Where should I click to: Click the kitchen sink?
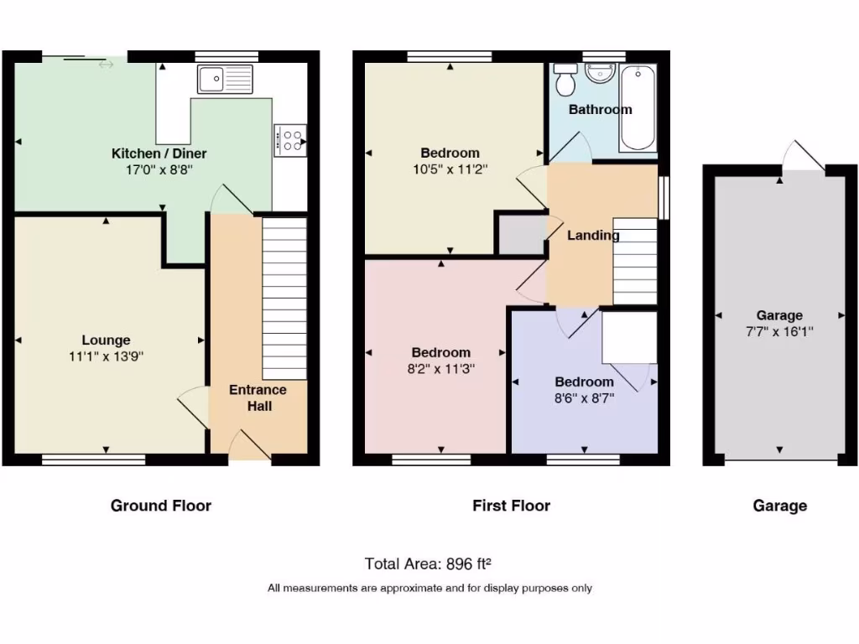coord(225,80)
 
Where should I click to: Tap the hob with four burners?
coord(289,140)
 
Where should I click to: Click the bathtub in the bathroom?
coord(638,108)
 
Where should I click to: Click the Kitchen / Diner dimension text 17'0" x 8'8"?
coord(159,169)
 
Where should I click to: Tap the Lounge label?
coord(106,340)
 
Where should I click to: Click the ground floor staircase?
coord(284,298)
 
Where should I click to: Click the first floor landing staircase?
coord(634,261)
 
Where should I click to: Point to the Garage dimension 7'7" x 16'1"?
coord(779,331)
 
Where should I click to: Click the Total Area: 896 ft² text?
coord(433,563)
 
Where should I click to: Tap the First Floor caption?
coord(511,506)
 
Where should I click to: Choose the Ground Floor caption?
coord(161,506)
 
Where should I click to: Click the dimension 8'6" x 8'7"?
coord(584,398)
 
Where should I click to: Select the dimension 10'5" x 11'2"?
coord(450,169)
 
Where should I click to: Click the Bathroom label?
coord(600,109)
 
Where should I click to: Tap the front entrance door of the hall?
coord(251,447)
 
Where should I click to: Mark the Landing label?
coord(593,235)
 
